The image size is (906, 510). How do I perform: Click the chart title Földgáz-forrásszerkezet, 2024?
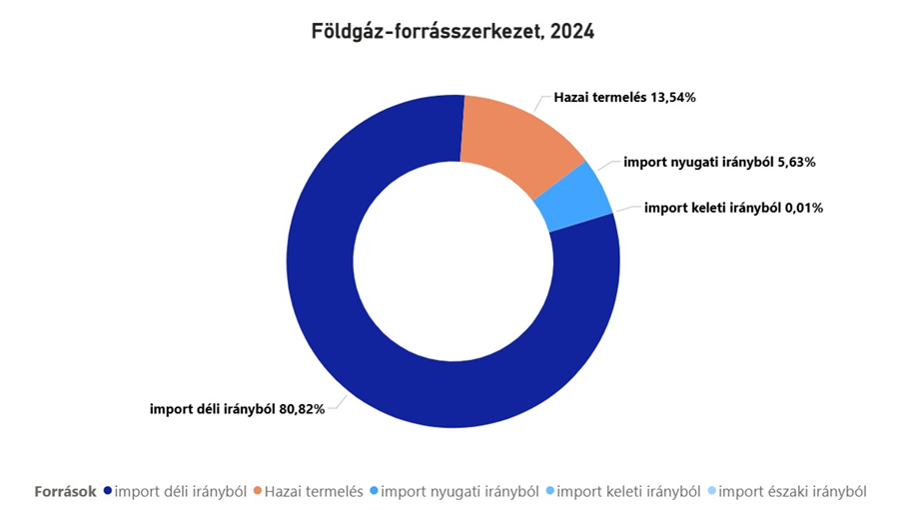point(453,32)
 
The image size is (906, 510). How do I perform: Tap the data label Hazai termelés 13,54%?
point(624,100)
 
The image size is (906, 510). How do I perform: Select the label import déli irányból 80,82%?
point(237,409)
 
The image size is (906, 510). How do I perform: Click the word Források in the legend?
point(65,491)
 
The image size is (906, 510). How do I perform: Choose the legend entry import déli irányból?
point(181,491)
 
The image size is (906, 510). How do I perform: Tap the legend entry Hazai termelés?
point(313,491)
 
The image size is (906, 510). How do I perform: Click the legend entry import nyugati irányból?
point(459,491)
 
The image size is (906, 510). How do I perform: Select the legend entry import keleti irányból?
point(627,491)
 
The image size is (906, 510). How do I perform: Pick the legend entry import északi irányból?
point(792,491)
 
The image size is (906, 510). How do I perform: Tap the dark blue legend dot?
point(108,491)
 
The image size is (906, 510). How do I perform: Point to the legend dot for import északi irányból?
point(711,491)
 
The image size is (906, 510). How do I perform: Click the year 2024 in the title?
point(572,32)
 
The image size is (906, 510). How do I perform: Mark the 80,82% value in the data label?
point(302,409)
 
